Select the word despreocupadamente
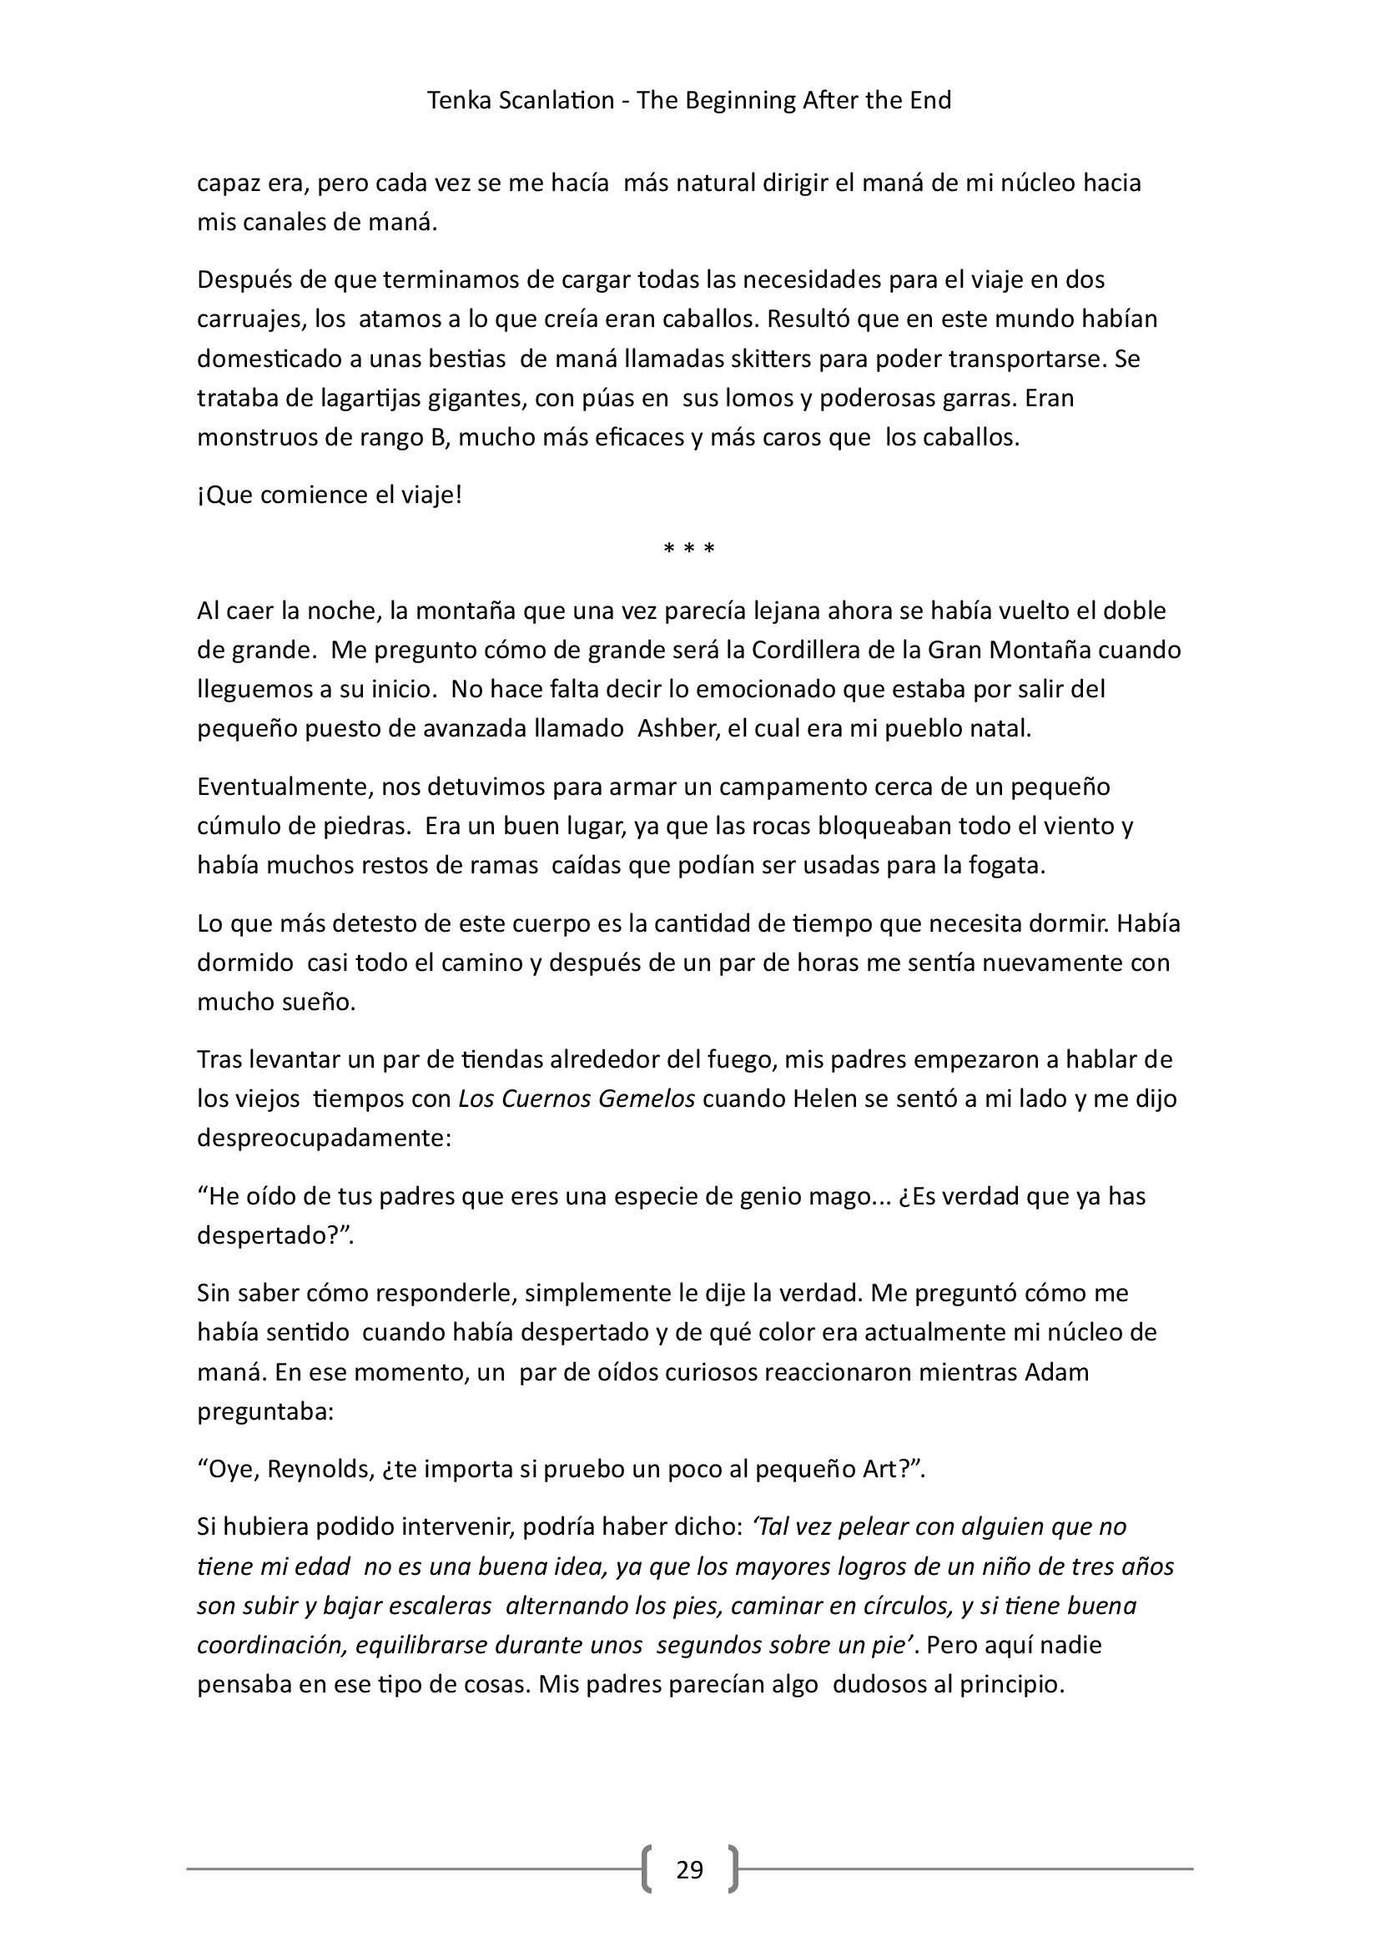(x=324, y=1138)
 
